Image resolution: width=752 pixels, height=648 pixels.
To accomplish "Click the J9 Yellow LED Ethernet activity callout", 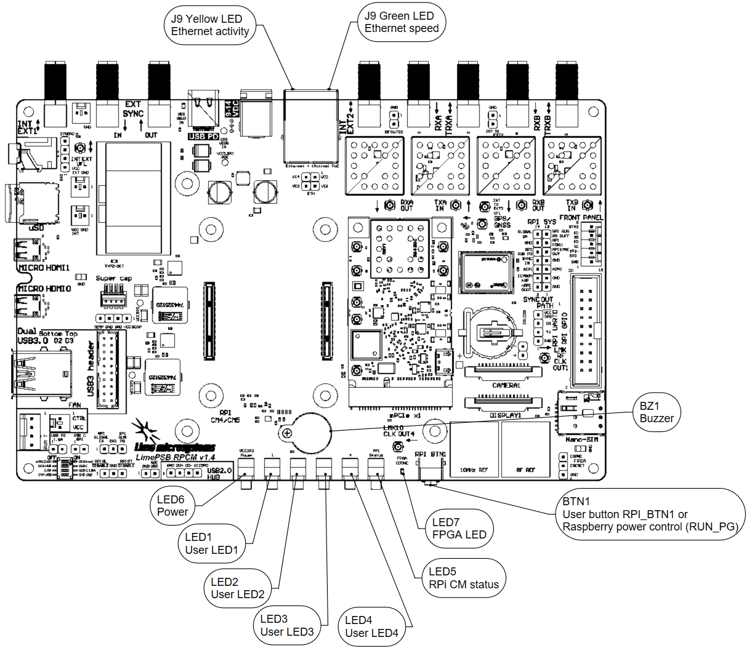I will [x=210, y=25].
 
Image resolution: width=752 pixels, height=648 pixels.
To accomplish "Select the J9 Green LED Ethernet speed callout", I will [x=402, y=22].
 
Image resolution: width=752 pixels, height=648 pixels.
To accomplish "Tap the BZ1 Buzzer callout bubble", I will [x=657, y=412].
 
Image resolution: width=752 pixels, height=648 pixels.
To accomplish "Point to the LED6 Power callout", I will [x=172, y=506].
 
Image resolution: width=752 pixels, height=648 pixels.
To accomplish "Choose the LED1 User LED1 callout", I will [x=211, y=543].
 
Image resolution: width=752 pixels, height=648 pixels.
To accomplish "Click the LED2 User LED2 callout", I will [x=237, y=588].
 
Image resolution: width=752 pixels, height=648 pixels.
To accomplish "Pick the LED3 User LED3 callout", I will [x=286, y=625].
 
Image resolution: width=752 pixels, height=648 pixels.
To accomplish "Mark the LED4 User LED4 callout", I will [x=371, y=626].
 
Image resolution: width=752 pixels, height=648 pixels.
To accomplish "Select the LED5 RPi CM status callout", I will [x=463, y=578].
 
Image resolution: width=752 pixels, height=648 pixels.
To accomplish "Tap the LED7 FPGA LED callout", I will [x=459, y=529].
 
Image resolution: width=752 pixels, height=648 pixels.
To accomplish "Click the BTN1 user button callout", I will [x=650, y=514].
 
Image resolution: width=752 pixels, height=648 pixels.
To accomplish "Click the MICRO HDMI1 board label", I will [x=44, y=268].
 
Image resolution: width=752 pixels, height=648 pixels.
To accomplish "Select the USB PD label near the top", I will [x=203, y=136].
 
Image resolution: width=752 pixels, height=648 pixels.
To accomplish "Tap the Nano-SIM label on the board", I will [x=581, y=439].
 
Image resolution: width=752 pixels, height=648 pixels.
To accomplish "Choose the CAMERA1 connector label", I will [x=506, y=386].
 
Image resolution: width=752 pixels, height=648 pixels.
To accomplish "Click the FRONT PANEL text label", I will [x=581, y=217].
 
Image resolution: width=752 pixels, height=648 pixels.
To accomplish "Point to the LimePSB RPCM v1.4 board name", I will [x=176, y=457].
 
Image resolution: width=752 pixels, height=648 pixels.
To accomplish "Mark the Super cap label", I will [x=114, y=278].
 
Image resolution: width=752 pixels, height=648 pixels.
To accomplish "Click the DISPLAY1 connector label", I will [x=505, y=415].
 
